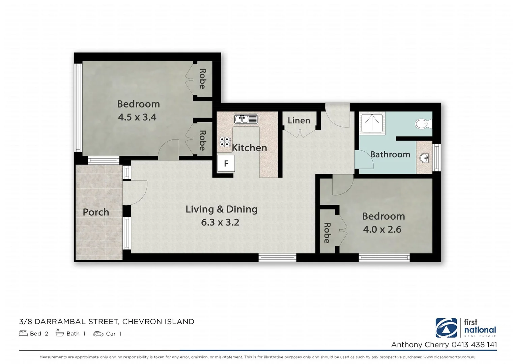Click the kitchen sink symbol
coord(246,119)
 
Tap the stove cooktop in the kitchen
coord(225,142)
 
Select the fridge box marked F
coord(226,163)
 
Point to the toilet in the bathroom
coord(423,124)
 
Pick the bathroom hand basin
coord(424,158)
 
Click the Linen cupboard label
coord(299,120)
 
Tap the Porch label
coord(96,212)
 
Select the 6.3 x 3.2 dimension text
coord(220,222)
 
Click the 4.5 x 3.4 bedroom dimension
coord(137,117)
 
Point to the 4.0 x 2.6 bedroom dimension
coord(382,230)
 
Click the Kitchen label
coord(249,148)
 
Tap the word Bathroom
coord(390,154)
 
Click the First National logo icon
coord(446,328)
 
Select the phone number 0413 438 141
coord(474,344)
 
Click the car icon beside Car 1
coord(98,334)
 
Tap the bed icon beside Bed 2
coord(23,334)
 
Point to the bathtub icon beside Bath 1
coord(60,333)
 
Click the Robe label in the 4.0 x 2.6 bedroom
coord(327,233)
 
